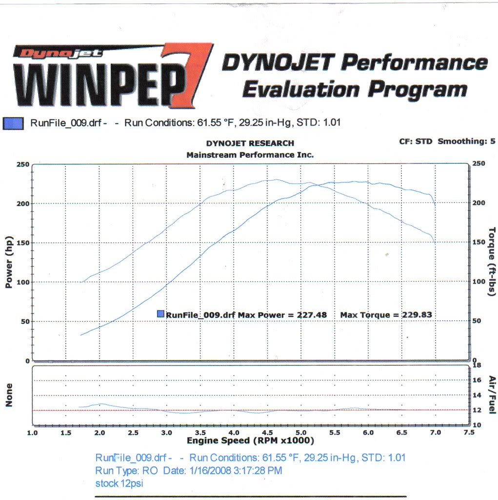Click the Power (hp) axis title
tap(9, 263)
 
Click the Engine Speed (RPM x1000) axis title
tap(250, 441)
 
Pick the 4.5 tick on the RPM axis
tap(267, 433)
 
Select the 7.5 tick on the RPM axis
tap(469, 433)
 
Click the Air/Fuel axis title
tap(492, 395)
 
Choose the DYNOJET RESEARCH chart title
tap(250, 144)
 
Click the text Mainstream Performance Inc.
tap(250, 155)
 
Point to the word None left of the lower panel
tap(9, 395)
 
